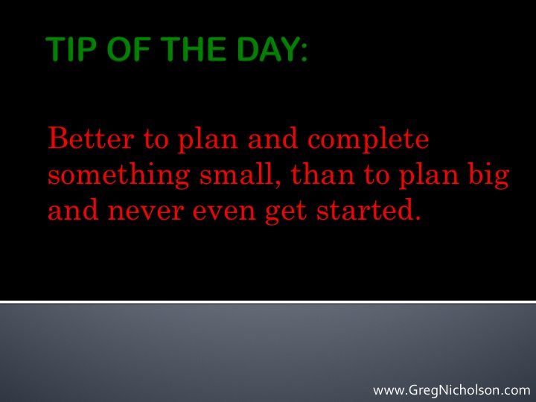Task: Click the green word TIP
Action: tap(71, 49)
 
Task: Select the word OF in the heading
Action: tap(129, 49)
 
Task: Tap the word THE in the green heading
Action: tap(194, 49)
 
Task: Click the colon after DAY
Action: tap(304, 52)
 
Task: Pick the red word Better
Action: tap(91, 138)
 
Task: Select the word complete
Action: tap(368, 140)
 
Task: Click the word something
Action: tap(118, 175)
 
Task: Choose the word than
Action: tap(323, 174)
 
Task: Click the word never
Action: tap(146, 212)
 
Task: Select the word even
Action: tap(224, 212)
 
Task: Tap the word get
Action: tap(286, 213)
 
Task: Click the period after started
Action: tap(417, 217)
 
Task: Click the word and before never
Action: tap(73, 209)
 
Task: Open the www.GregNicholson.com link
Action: tap(452, 390)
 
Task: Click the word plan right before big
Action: tap(429, 176)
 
